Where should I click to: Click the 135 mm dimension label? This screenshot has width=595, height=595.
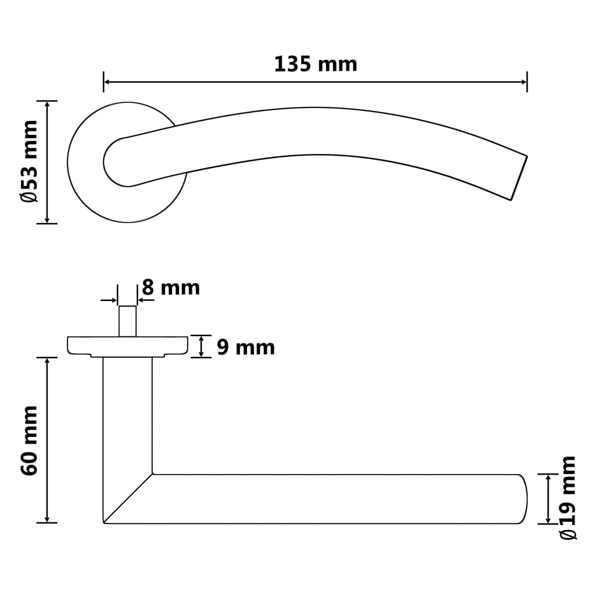pos(316,64)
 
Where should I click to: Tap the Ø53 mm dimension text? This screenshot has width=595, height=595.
pos(30,162)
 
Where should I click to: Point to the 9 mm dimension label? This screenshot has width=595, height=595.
pos(246,347)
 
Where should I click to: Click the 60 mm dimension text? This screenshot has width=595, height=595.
pos(30,440)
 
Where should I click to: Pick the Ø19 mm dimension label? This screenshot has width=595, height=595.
pos(568,498)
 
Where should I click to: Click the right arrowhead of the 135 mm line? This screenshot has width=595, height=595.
pos(524,82)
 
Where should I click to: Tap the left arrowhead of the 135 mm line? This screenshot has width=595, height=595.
pos(107,82)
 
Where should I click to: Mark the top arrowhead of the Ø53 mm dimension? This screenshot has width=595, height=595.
pos(47,105)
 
